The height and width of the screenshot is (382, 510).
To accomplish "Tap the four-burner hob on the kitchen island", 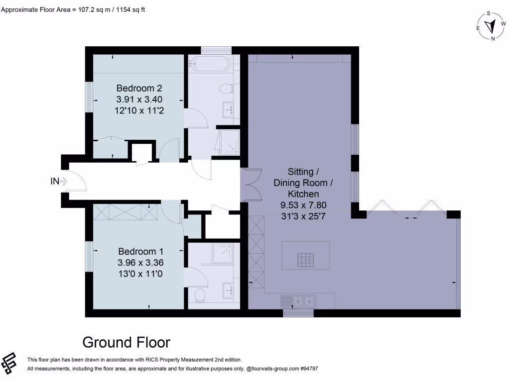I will (305, 260).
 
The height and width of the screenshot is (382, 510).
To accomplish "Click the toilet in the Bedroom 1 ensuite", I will (200, 295).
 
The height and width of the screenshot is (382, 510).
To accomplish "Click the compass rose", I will (491, 25).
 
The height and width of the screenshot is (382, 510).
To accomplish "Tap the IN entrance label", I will (55, 182).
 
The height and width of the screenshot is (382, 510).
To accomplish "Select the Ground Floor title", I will (126, 342).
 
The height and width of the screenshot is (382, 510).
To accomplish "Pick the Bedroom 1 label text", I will (140, 252).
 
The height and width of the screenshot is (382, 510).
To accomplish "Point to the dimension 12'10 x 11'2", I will (139, 110).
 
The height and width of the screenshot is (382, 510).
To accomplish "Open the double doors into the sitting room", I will (251, 185).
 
